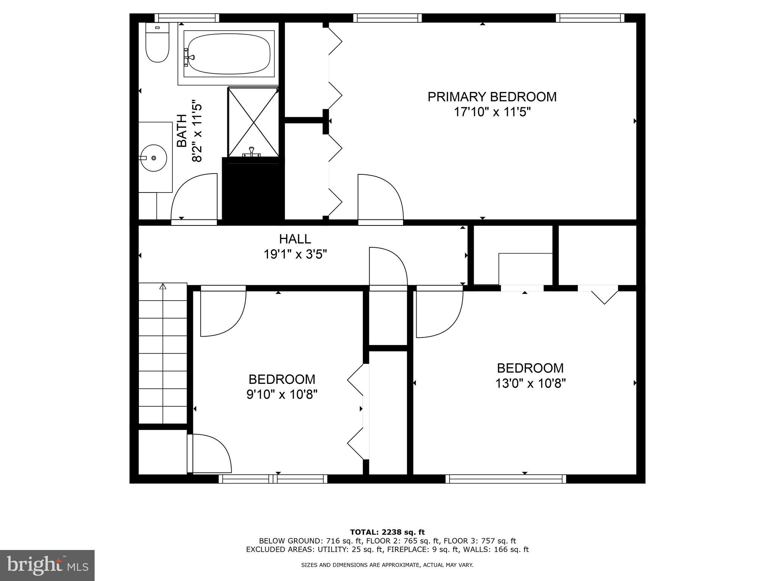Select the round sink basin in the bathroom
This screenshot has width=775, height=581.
click(153, 158)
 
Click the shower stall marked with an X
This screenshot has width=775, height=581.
click(253, 122)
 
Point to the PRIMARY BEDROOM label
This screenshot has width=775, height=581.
click(492, 97)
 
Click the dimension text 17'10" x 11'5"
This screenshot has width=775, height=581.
click(492, 112)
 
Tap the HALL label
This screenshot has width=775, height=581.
click(295, 239)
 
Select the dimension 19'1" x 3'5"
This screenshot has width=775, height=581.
click(295, 255)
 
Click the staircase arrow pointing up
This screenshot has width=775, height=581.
click(163, 286)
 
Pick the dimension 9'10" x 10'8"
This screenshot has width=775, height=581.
click(282, 395)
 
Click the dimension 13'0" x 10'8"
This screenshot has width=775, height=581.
click(530, 384)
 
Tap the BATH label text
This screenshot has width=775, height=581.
click(182, 130)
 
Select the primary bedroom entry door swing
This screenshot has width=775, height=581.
click(380, 197)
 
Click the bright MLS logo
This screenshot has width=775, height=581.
click(47, 565)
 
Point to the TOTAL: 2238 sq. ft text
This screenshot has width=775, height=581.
click(387, 532)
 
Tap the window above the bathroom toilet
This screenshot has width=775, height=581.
click(187, 18)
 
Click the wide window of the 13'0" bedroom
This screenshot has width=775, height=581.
click(506, 479)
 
